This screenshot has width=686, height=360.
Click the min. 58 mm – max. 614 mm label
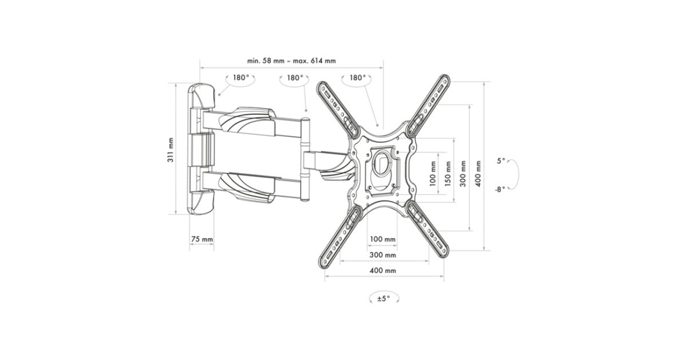point(291,61)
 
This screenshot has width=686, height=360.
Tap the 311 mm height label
point(170,150)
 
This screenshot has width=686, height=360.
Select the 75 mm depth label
point(202,239)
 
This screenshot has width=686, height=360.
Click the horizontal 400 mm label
point(382,271)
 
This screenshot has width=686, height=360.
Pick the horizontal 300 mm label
point(382,255)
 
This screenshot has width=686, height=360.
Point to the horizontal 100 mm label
point(382,239)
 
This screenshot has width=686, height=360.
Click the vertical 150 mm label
point(448,174)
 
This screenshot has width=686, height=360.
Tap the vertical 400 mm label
point(478,174)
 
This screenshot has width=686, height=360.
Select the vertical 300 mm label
point(462,174)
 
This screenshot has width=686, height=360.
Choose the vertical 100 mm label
point(432,174)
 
